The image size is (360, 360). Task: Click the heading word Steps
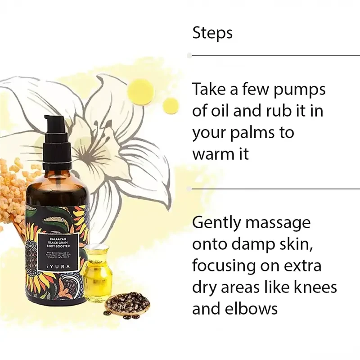212,33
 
